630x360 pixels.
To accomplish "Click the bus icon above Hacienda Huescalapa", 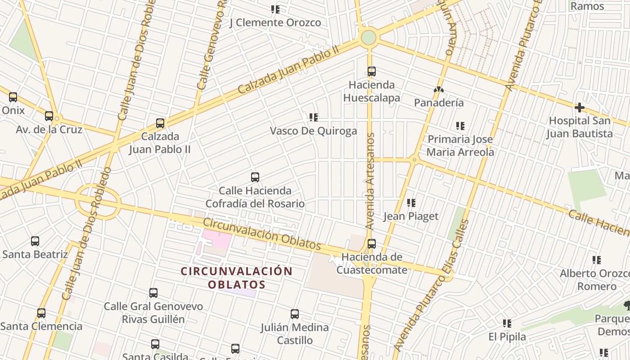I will pyautogui.click(x=372, y=72).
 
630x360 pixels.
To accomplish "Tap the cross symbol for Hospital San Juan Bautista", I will pyautogui.click(x=580, y=108).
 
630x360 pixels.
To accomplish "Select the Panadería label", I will pyautogui.click(x=439, y=103).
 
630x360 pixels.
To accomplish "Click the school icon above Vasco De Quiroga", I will pyautogui.click(x=314, y=117).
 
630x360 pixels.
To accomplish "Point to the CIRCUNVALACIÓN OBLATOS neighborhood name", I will pyautogui.click(x=237, y=278).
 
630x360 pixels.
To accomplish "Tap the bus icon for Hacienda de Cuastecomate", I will pyautogui.click(x=372, y=244).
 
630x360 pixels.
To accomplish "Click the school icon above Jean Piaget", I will pyautogui.click(x=411, y=203).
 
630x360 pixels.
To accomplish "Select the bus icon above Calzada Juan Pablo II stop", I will pyautogui.click(x=160, y=123).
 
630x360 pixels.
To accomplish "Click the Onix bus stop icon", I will pyautogui.click(x=13, y=97).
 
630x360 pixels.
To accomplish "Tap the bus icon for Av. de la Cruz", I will pyautogui.click(x=49, y=116).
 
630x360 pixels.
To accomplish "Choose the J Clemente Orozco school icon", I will pyautogui.click(x=275, y=9).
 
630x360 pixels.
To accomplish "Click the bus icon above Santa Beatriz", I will pyautogui.click(x=35, y=241).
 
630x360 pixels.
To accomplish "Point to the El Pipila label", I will pyautogui.click(x=507, y=337).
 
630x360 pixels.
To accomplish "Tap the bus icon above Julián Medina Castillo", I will pyautogui.click(x=295, y=314).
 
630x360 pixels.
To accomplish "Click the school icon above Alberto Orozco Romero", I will pyautogui.click(x=597, y=260).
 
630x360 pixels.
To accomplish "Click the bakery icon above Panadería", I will pyautogui.click(x=439, y=90).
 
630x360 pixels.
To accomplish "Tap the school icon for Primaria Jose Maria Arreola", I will pyautogui.click(x=460, y=126).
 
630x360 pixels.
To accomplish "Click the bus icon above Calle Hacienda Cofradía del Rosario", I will pyautogui.click(x=255, y=177).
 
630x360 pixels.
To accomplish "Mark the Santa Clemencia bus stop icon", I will pyautogui.click(x=41, y=313).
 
